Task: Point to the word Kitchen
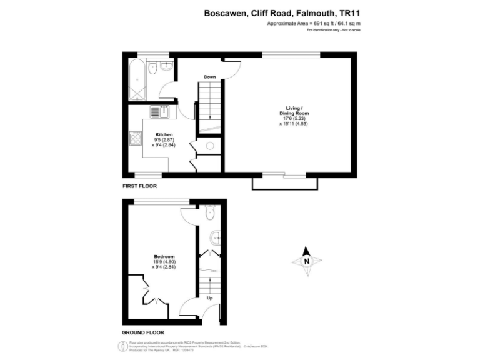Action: [x=164, y=134]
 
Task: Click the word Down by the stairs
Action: [x=210, y=77]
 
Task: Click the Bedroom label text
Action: [x=164, y=256]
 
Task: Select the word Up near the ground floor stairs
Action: [x=209, y=298]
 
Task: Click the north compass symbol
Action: [x=306, y=261]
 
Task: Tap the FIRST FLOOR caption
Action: [x=139, y=186]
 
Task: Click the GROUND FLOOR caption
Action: [x=143, y=333]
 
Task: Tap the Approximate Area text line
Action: [x=314, y=24]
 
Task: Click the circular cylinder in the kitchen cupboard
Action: [x=210, y=146]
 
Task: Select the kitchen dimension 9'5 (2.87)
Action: [x=164, y=139]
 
